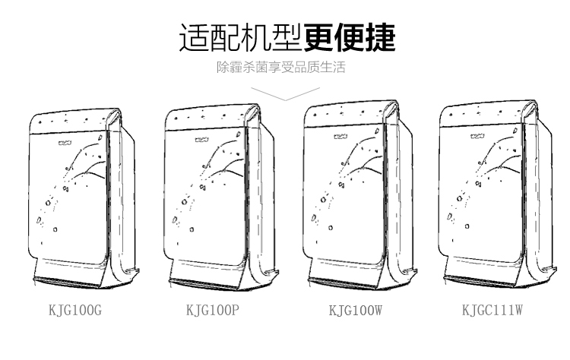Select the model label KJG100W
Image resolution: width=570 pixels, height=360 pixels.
[x=354, y=310]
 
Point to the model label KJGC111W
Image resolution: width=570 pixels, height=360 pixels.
[x=492, y=310]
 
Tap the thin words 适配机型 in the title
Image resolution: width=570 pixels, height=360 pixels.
[x=241, y=37]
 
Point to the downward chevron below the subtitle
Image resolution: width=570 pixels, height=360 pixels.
[x=283, y=92]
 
